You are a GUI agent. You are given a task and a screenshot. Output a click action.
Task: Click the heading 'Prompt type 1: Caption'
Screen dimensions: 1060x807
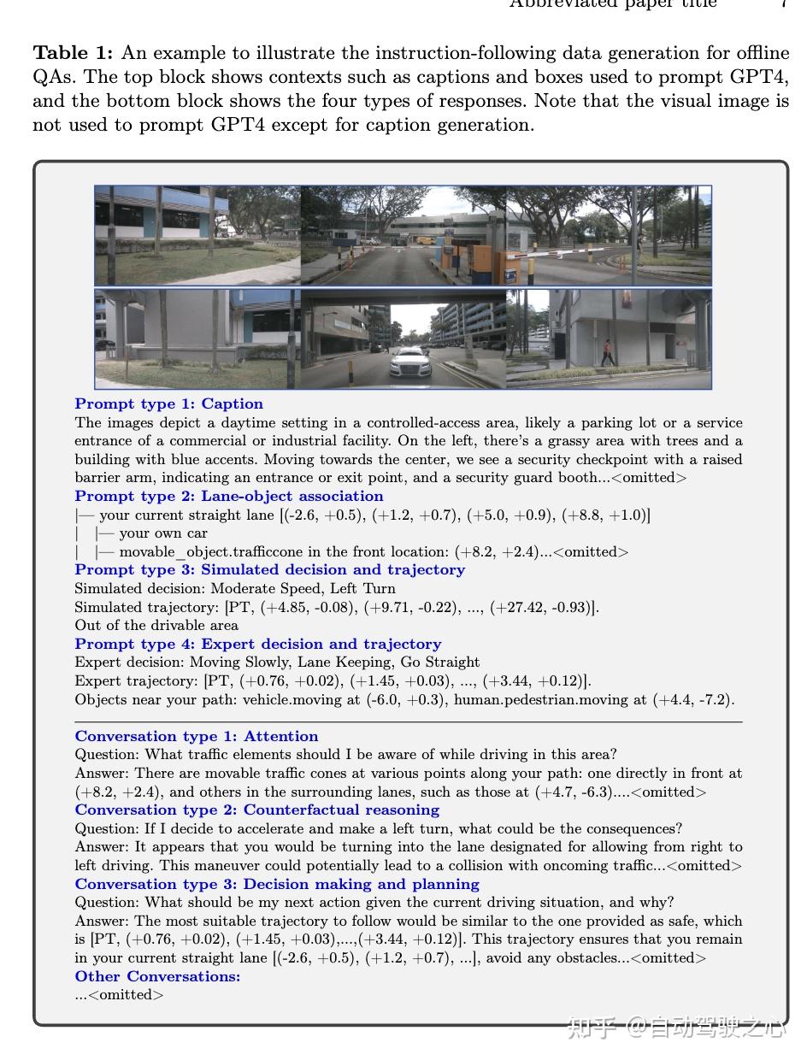click(x=168, y=404)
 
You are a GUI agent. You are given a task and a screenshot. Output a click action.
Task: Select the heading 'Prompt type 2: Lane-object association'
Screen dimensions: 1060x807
click(x=228, y=497)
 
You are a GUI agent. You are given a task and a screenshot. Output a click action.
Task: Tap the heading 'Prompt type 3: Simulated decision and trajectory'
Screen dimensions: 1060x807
click(x=269, y=570)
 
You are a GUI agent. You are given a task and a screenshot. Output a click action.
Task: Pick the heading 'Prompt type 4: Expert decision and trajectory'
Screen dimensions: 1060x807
click(x=257, y=645)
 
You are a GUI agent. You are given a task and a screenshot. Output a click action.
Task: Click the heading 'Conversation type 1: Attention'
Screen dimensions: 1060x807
click(x=196, y=737)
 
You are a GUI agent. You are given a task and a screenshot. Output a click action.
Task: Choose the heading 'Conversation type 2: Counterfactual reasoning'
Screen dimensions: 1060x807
click(x=256, y=810)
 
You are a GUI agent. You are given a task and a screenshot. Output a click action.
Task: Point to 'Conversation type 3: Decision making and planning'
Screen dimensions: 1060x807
click(x=276, y=885)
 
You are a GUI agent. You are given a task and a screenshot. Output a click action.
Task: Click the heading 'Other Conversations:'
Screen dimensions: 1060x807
click(x=157, y=977)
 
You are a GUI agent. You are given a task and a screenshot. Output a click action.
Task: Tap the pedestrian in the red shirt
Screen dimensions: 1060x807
click(x=607, y=351)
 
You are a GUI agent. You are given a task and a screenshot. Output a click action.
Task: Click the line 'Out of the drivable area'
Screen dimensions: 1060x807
click(x=156, y=626)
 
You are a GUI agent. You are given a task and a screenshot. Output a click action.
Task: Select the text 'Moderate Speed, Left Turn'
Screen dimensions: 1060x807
click(x=303, y=589)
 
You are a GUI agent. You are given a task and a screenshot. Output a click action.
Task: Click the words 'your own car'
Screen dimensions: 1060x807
click(x=163, y=533)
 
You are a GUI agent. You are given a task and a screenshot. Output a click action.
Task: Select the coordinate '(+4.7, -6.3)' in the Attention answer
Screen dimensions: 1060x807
click(x=574, y=792)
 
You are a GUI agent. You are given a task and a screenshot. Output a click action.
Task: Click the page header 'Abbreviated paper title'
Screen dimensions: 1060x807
click(x=612, y=3)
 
